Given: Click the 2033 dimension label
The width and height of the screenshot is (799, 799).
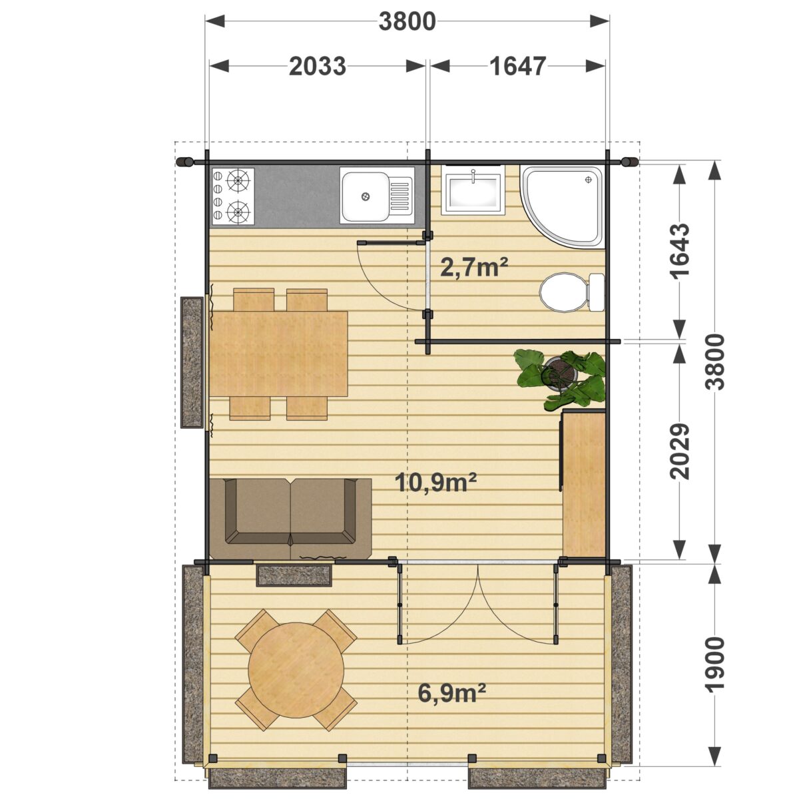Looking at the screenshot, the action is (317, 67).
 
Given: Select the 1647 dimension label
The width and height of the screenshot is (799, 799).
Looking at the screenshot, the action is (517, 67).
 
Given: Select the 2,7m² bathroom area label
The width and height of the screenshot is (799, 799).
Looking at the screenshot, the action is (474, 268).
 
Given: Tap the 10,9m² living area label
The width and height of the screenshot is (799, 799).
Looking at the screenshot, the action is (435, 482).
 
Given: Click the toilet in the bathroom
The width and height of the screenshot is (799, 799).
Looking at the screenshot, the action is (572, 292).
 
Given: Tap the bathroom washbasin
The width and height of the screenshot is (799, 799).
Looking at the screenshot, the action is (473, 190).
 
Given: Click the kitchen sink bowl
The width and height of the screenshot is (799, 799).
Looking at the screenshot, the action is (364, 196).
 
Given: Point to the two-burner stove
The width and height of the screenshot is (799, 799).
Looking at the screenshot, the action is (232, 196).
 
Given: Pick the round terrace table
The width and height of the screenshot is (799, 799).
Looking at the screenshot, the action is (296, 670).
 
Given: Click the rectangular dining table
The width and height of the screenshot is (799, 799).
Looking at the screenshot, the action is (278, 354).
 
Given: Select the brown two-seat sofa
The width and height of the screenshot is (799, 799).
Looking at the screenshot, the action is (290, 519).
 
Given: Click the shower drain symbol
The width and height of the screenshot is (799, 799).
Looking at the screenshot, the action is (588, 180).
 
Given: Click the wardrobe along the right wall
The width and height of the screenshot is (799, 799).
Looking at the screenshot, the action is (583, 483).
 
